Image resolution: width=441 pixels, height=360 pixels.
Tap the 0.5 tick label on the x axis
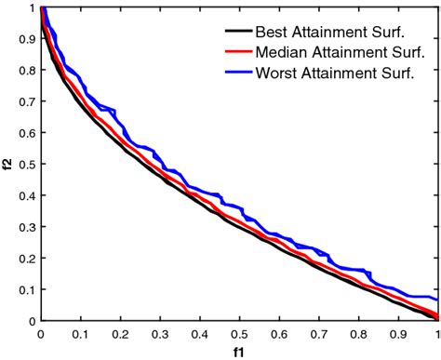point(239,332)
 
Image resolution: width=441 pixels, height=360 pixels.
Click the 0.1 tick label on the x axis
point(80,332)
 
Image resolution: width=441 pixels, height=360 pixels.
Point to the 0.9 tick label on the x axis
point(398,332)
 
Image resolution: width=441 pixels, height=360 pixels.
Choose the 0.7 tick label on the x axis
point(318,332)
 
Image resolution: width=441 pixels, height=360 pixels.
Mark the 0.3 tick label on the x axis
point(159,332)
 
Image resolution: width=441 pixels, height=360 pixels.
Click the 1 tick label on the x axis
point(436,332)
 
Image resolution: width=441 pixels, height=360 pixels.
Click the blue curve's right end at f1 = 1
point(436,300)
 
